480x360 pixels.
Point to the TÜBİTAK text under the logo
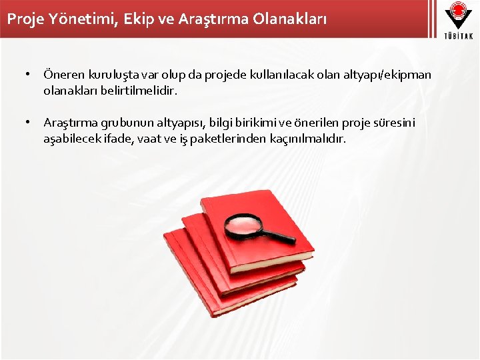457,35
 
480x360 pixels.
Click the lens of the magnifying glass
244,226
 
